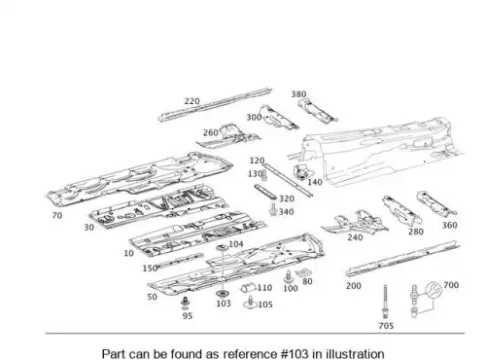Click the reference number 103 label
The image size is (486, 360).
tap(224, 304)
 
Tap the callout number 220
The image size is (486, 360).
tap(192, 101)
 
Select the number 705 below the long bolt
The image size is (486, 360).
tap(386, 325)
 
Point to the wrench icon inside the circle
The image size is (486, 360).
tap(434, 290)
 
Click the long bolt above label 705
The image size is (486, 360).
tap(385, 302)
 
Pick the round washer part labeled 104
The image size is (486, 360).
tap(222, 248)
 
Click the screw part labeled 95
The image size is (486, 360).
tap(186, 303)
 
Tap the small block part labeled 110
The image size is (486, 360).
tap(248, 287)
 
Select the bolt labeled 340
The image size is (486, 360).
tap(273, 209)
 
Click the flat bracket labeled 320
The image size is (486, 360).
tap(265, 192)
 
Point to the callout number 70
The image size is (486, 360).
tap(57, 215)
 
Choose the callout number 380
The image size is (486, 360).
tap(298, 94)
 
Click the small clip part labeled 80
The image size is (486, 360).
tap(301, 272)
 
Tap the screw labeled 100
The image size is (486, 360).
tap(288, 276)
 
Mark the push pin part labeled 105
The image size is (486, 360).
tap(251, 303)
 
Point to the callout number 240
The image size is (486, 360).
tap(355, 237)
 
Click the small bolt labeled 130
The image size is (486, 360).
tap(264, 175)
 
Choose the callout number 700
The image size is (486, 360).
tap(451, 285)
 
